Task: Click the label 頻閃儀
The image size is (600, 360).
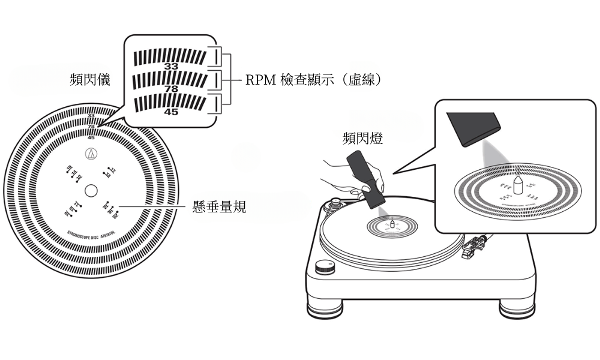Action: click(89, 80)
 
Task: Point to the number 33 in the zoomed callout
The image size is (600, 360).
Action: click(171, 67)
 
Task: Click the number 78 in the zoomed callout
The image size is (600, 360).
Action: click(171, 89)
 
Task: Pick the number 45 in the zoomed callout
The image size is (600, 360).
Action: click(171, 112)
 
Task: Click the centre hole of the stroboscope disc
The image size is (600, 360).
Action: click(91, 191)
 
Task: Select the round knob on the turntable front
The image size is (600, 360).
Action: click(325, 266)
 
